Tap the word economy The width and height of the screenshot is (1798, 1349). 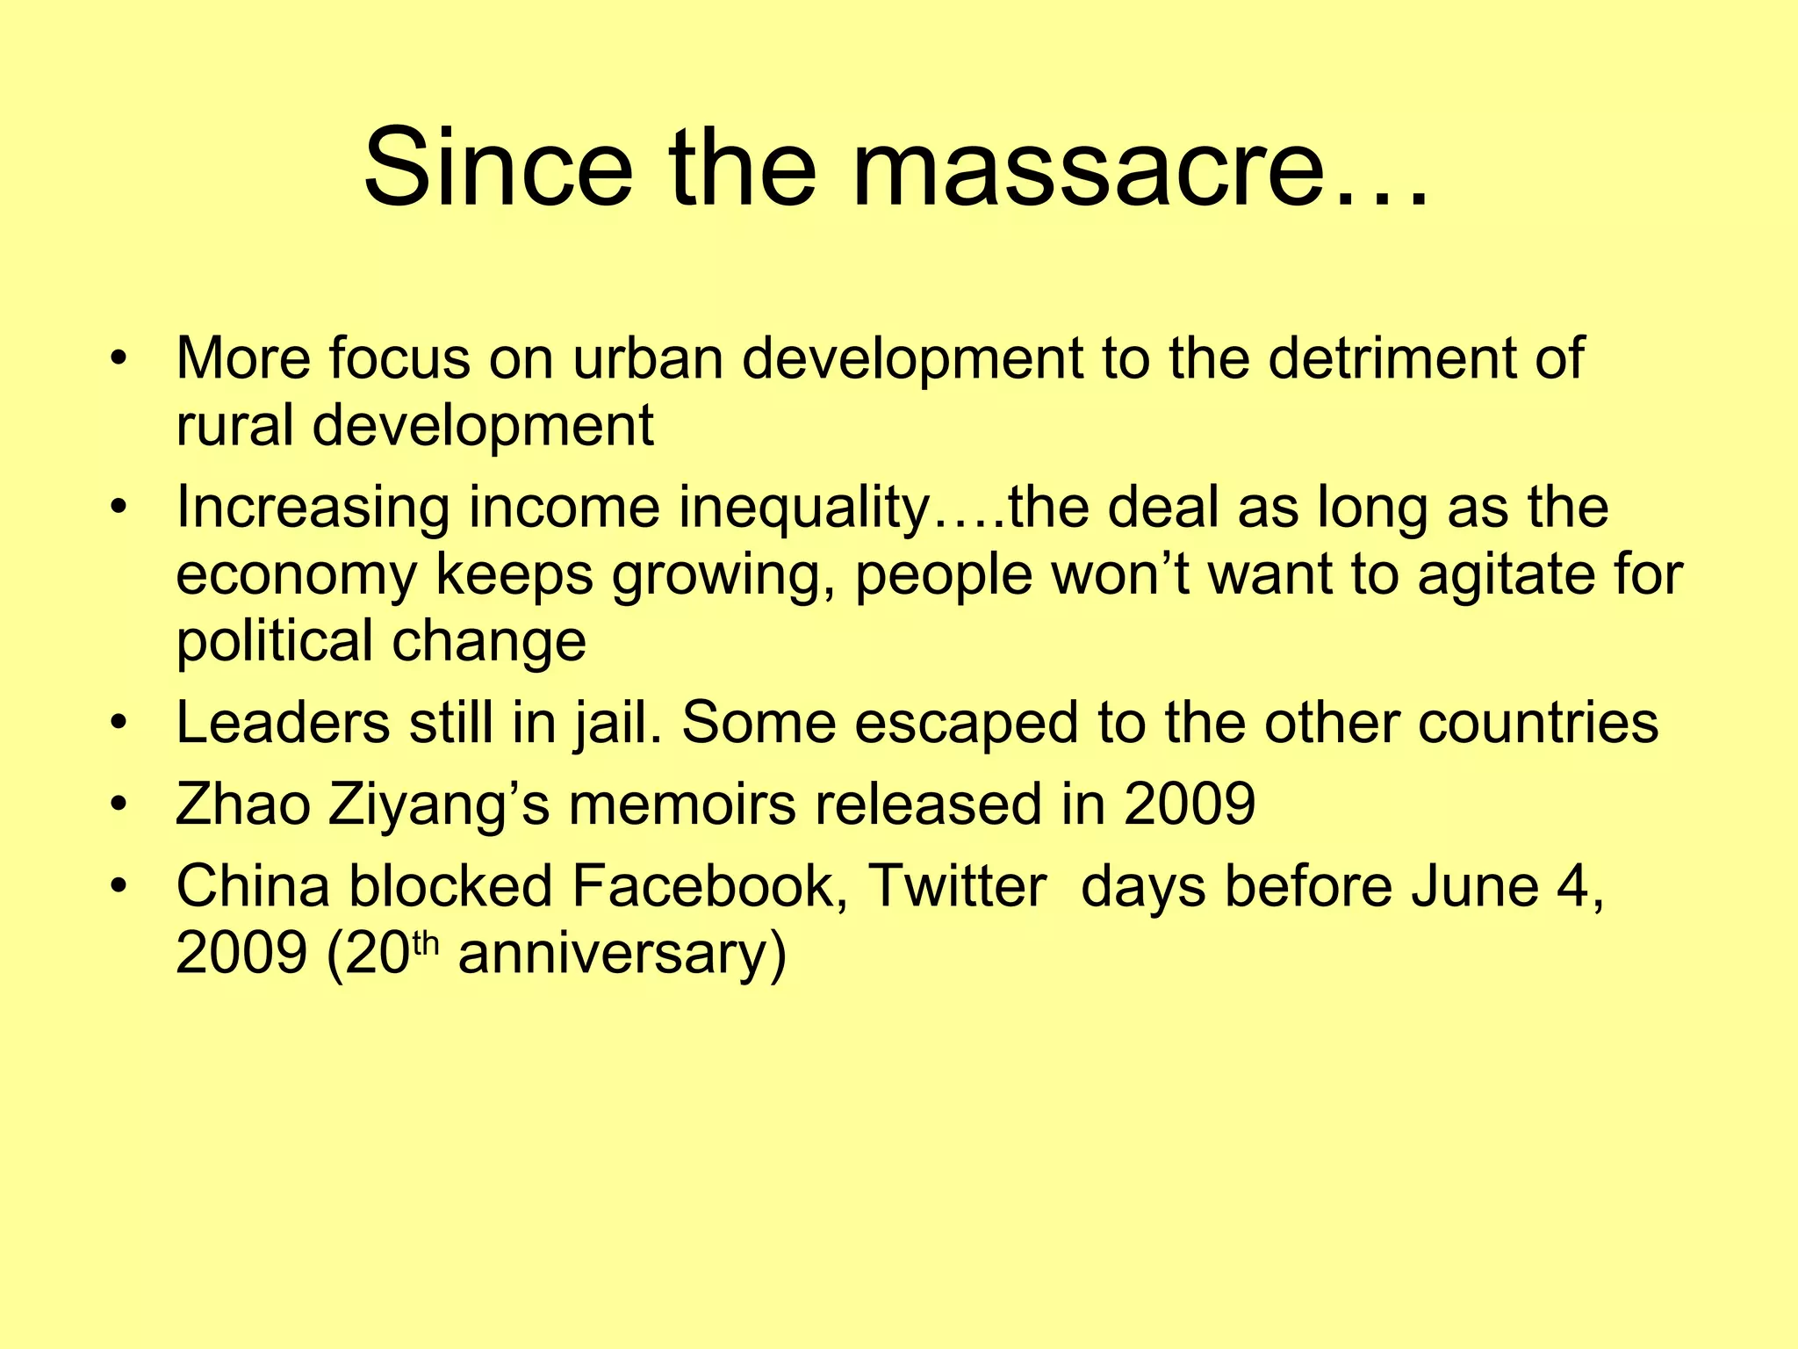tap(297, 574)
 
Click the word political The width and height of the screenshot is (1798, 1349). tap(275, 640)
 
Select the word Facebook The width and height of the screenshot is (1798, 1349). tap(710, 886)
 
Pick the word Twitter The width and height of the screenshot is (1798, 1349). tap(958, 886)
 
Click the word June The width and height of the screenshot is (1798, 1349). tap(1475, 886)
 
